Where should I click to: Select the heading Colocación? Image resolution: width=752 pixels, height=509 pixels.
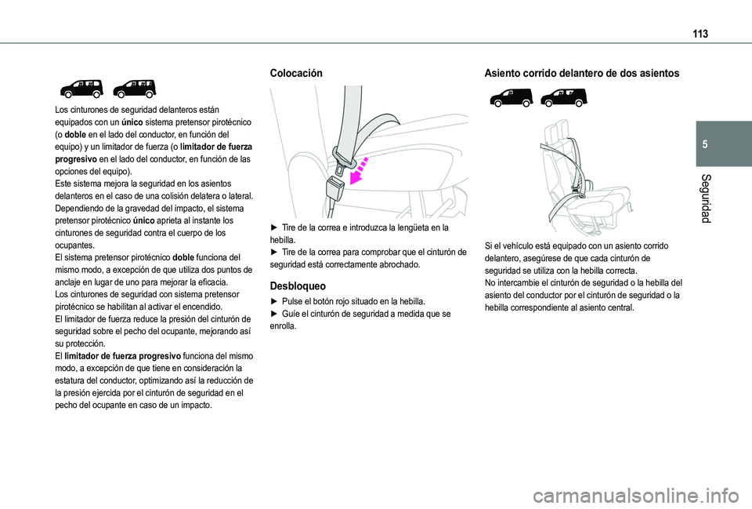coord(296,72)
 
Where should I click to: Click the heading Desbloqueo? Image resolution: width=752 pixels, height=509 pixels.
coord(298,286)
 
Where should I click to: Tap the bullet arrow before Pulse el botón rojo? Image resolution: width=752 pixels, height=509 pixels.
coord(273,301)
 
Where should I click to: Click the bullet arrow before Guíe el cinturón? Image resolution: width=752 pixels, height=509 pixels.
coord(273,314)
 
